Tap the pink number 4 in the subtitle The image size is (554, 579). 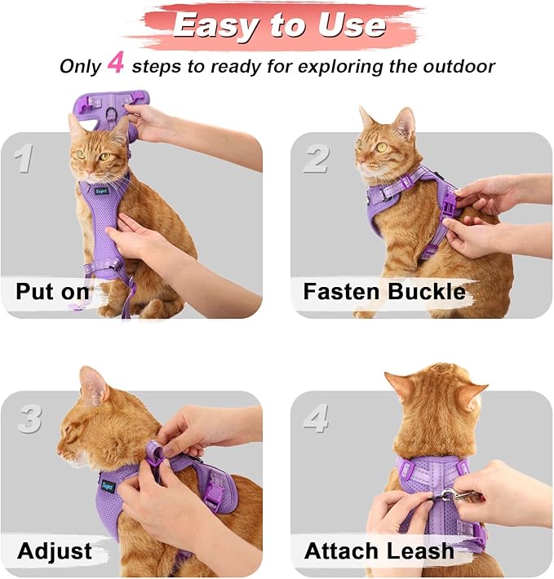click(116, 64)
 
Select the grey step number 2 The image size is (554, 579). click(316, 158)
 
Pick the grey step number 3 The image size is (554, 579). click(29, 418)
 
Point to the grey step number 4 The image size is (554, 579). click(317, 418)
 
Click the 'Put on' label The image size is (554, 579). click(54, 292)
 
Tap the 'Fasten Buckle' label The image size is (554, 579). click(383, 292)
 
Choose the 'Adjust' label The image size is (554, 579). click(54, 550)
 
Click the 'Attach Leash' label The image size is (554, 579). click(379, 551)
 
